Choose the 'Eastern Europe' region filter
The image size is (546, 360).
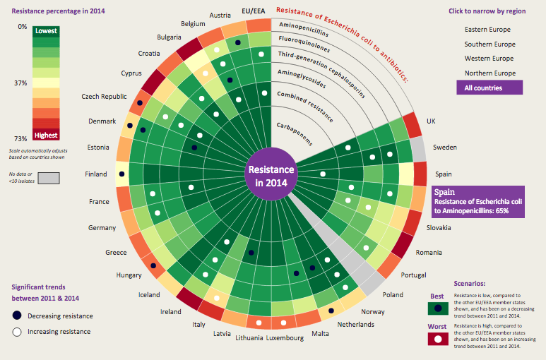pos(487,30)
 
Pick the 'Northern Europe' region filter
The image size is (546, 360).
pos(489,73)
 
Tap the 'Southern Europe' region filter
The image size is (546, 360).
pos(489,44)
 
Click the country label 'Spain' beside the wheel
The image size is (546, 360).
pos(444,174)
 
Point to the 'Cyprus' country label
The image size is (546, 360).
pos(131,73)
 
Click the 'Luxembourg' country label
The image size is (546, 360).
pos(285,338)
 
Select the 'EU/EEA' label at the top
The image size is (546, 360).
pos(253,11)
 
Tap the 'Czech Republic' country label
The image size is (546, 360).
pos(104,97)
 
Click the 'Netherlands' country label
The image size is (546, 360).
pos(355,325)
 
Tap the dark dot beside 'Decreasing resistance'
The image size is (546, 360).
pos(16,316)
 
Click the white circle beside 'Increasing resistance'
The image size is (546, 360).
pos(16,331)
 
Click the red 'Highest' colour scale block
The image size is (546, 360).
pos(45,134)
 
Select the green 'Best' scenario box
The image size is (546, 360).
pos(438,308)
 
